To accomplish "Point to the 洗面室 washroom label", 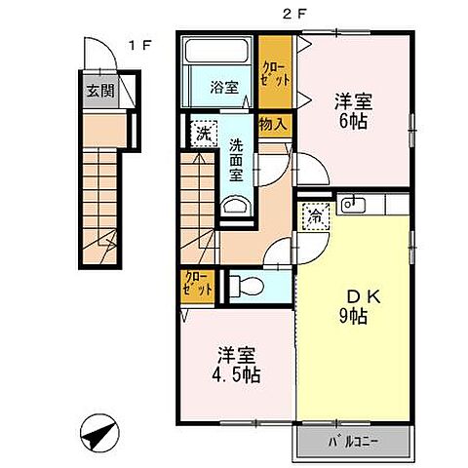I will point(236,161).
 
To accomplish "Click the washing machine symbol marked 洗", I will point(203,131).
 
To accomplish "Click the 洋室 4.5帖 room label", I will point(234,363).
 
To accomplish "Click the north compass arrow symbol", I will point(97,433).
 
